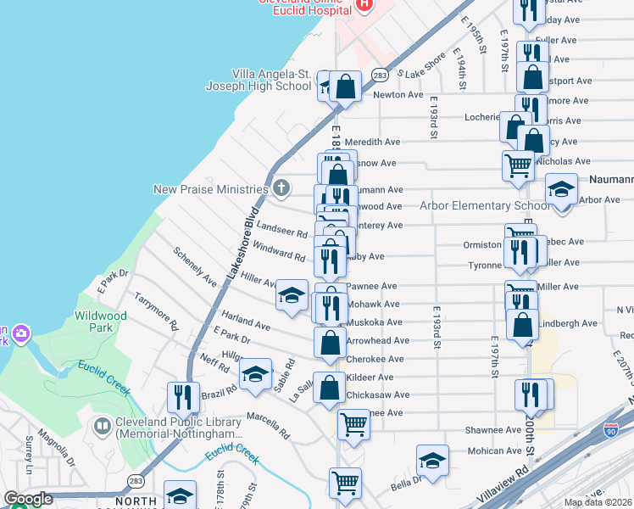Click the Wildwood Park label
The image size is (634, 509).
(100, 322)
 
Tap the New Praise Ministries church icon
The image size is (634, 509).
(281, 188)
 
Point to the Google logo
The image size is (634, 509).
(28, 499)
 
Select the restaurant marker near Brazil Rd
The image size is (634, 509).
(183, 396)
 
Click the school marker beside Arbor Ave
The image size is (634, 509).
(560, 189)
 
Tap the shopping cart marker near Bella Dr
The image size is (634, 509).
(346, 483)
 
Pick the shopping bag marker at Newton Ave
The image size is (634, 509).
(346, 86)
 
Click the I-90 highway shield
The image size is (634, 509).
(611, 431)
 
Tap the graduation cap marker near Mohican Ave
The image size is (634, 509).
(432, 460)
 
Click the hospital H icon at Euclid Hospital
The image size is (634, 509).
(364, 4)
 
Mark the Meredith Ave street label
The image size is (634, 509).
(372, 142)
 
